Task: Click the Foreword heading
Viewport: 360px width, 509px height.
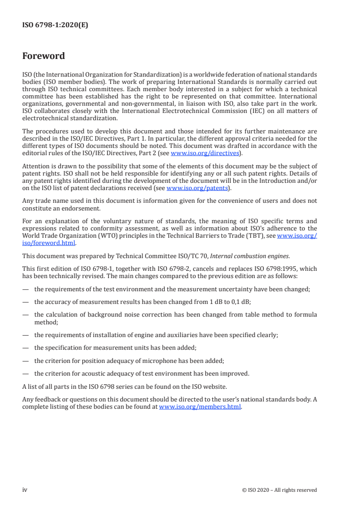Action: click(44, 56)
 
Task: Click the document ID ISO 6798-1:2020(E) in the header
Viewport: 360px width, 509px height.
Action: click(55, 25)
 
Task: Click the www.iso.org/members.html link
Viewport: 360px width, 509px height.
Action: click(200, 407)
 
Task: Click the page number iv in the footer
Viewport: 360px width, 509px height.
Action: click(25, 490)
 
